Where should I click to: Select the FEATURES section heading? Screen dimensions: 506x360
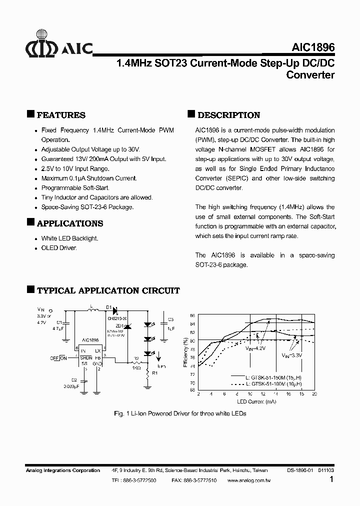[61, 115]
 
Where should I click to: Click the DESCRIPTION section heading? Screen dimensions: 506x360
[229, 115]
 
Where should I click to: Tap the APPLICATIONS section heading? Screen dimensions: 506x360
[70, 223]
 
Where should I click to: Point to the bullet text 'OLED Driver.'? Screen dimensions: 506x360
[59, 248]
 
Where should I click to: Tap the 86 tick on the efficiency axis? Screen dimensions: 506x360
[192, 315]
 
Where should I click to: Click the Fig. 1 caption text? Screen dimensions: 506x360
[179, 413]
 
